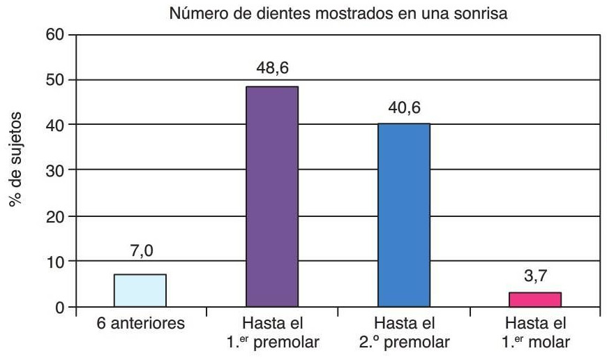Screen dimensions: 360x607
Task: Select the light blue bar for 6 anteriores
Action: click(141, 290)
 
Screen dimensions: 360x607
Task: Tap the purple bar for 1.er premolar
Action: click(272, 197)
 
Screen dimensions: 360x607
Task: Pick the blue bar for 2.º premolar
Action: click(403, 215)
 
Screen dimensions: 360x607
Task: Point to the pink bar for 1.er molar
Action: click(535, 299)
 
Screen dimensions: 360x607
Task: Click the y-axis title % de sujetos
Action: click(15, 157)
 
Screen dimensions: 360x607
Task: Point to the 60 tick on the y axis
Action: click(54, 35)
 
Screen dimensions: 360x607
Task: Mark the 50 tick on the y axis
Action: click(54, 80)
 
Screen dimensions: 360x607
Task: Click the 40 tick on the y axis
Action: click(54, 125)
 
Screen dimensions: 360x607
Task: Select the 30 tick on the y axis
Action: click(54, 170)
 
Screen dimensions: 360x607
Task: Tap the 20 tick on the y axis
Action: click(54, 216)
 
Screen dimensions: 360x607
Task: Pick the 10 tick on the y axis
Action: click(54, 262)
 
